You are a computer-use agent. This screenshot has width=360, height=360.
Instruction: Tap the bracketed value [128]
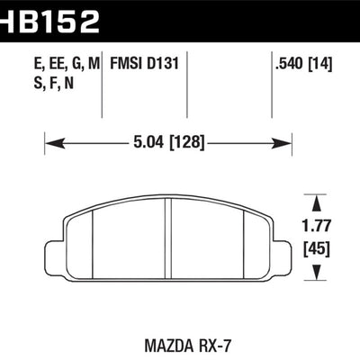coord(193,141)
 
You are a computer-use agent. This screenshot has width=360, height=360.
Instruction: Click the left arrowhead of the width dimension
coord(51,141)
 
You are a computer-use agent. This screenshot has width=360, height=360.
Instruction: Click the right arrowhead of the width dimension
coord(287,141)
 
